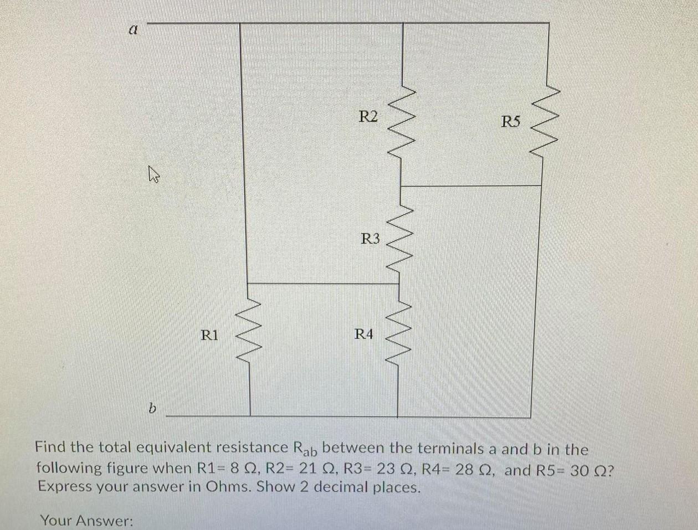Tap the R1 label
209,335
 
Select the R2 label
368,117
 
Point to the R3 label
371,239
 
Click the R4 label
364,334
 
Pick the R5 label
511,121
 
